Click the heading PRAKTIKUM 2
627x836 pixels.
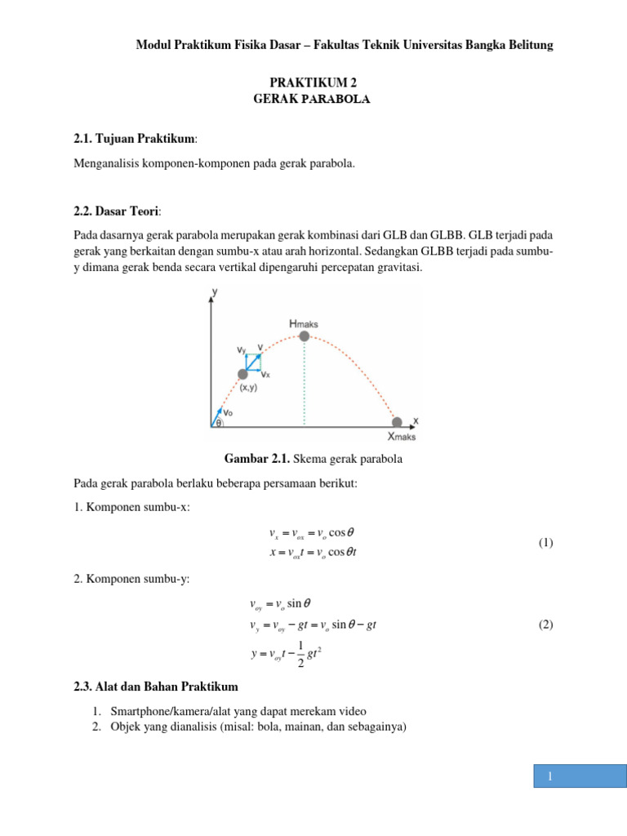pyautogui.click(x=313, y=83)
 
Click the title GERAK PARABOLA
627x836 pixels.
pyautogui.click(x=313, y=99)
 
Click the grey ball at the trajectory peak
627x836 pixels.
pyautogui.click(x=305, y=336)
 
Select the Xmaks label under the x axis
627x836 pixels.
pyautogui.click(x=401, y=437)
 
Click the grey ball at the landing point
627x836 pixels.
pyautogui.click(x=397, y=422)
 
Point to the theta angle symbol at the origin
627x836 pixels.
pyautogui.click(x=219, y=423)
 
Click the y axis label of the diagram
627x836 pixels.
pyautogui.click(x=215, y=291)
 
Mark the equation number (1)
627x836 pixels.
pyautogui.click(x=545, y=543)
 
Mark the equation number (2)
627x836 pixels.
pyautogui.click(x=545, y=625)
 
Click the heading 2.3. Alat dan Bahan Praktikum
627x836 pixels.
pyautogui.click(x=156, y=685)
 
